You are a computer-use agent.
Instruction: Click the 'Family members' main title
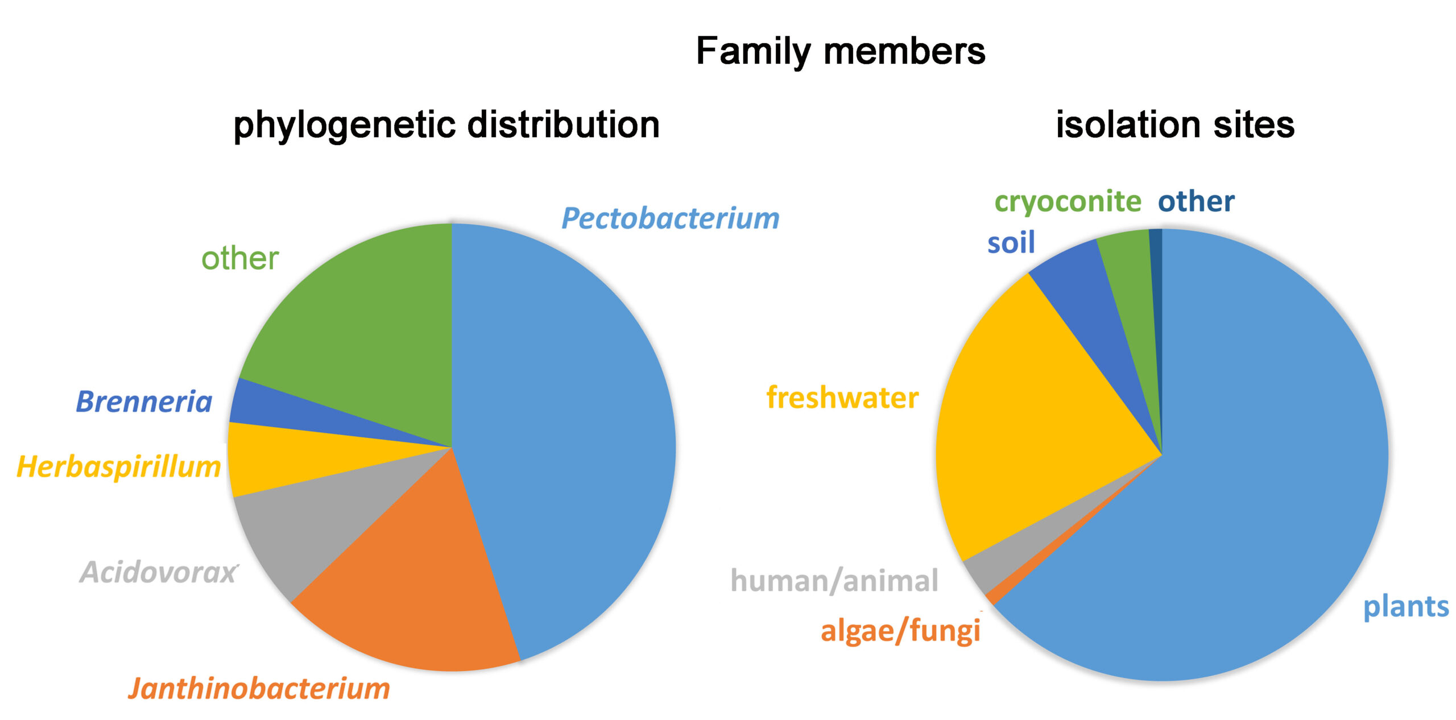[x=841, y=51]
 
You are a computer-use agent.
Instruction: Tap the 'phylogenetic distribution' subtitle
[x=446, y=125]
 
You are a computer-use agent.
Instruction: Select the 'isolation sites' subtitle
[x=1175, y=125]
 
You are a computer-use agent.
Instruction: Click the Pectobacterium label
[x=671, y=218]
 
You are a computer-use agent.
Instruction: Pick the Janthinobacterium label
[x=259, y=689]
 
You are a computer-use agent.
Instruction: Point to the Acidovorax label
[x=159, y=572]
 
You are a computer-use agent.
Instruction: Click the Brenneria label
[x=144, y=402]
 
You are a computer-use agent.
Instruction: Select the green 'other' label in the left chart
[x=240, y=259]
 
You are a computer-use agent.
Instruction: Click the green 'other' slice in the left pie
[x=364, y=318]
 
